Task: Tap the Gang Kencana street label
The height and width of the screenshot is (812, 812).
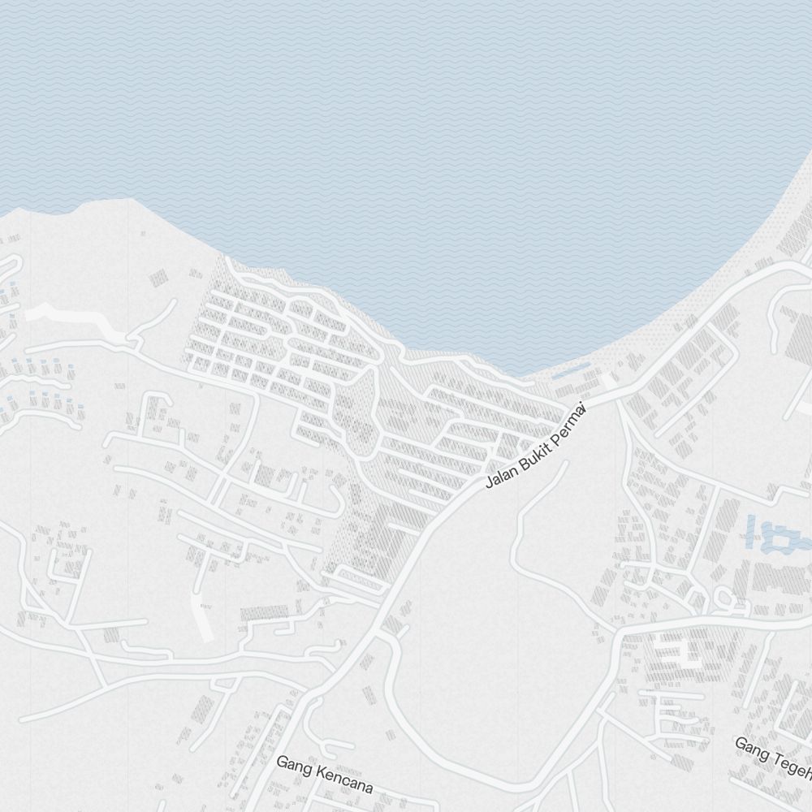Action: [324, 775]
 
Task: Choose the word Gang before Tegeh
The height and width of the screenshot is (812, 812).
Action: [750, 748]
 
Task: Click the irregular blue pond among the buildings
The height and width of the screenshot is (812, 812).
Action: [775, 540]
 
